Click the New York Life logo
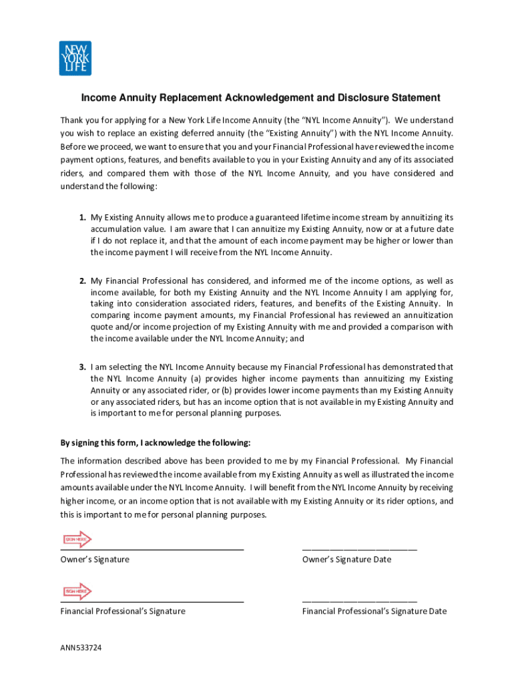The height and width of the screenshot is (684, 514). [x=75, y=58]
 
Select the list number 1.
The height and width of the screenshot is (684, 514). [x=82, y=217]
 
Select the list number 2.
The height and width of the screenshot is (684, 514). [x=82, y=281]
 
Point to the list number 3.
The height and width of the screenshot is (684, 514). [x=82, y=367]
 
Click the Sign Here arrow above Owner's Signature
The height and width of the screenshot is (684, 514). [x=76, y=539]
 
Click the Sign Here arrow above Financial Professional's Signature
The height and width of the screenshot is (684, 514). [x=76, y=591]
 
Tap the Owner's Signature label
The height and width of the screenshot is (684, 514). [x=95, y=559]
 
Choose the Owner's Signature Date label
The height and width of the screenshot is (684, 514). [x=346, y=559]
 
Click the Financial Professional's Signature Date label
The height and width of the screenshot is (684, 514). [x=374, y=611]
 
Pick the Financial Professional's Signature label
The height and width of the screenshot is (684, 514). [x=123, y=611]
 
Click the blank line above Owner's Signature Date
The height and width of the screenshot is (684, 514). [x=359, y=549]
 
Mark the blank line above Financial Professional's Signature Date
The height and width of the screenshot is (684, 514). [x=359, y=601]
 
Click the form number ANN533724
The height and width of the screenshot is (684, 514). [x=81, y=648]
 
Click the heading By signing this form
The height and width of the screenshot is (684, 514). [x=156, y=443]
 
